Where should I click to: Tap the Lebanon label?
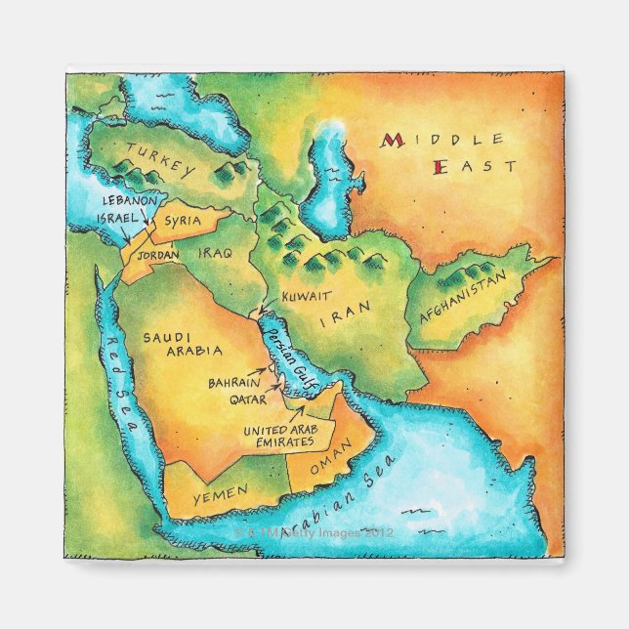[129, 199]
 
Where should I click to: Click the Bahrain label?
[231, 383]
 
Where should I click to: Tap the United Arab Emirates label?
[278, 435]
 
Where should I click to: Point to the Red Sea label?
[123, 360]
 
